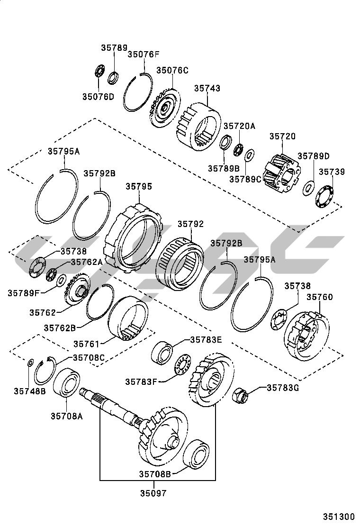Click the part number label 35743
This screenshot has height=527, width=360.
click(x=207, y=89)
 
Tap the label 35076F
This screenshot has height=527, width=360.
click(x=144, y=55)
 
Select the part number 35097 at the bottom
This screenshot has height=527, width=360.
click(x=153, y=493)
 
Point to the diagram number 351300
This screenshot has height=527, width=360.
click(x=339, y=516)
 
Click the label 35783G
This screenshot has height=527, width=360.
click(x=283, y=387)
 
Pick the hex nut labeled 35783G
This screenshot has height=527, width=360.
click(x=242, y=394)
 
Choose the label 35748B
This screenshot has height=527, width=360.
click(x=29, y=391)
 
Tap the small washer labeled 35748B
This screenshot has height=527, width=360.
click(x=29, y=363)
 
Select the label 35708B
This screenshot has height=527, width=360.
click(x=155, y=473)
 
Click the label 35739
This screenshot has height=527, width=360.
click(x=332, y=172)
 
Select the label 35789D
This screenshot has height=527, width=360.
click(x=313, y=156)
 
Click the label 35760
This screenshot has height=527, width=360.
click(x=320, y=297)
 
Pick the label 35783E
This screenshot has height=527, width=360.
click(x=206, y=339)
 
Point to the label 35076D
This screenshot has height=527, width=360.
click(x=98, y=97)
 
